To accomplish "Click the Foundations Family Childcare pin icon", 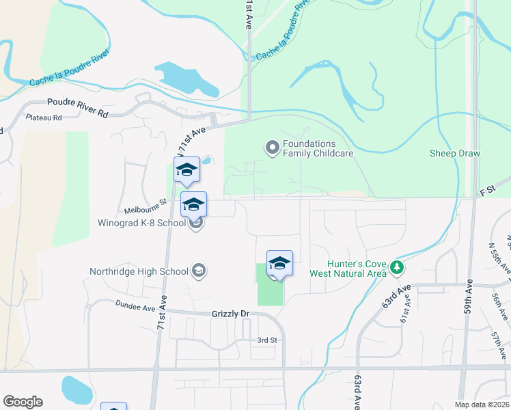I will tap(272, 147).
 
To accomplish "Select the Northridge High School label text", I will tap(139, 271).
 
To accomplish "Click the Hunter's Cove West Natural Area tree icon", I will tap(397, 268).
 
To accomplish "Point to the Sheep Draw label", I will tap(455, 153).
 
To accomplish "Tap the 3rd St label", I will tap(266, 340).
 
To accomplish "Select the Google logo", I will tap(23, 402).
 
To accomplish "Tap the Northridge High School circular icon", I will tap(198, 271).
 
